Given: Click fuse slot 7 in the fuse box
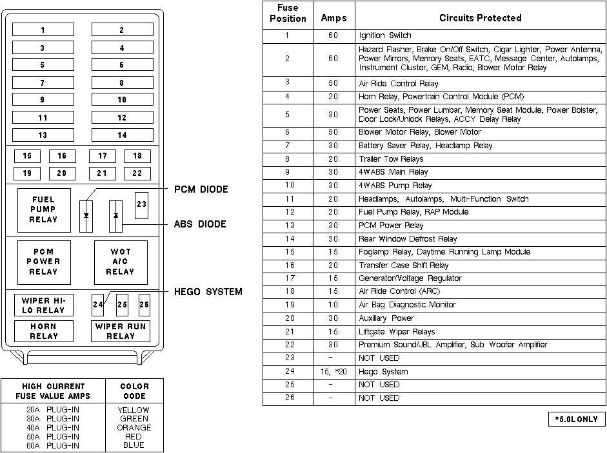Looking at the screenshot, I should pyautogui.click(x=43, y=83).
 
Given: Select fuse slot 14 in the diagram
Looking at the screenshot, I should pyautogui.click(x=122, y=135).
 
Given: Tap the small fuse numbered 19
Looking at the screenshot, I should pyautogui.click(x=27, y=173).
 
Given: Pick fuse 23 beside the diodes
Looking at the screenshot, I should pyautogui.click(x=142, y=204).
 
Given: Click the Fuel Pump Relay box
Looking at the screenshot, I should pyautogui.click(x=43, y=209).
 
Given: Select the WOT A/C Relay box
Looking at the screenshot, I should pyautogui.click(x=121, y=262).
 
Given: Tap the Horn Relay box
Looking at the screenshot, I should pyautogui.click(x=43, y=331).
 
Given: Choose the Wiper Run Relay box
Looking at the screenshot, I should pyautogui.click(x=121, y=331).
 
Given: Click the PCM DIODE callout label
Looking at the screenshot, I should pyautogui.click(x=201, y=190).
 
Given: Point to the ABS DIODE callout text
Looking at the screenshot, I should pyautogui.click(x=200, y=225).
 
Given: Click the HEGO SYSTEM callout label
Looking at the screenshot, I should pyautogui.click(x=208, y=292).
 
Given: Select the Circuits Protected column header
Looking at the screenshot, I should pyautogui.click(x=480, y=18).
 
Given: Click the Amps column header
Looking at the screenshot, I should pyautogui.click(x=333, y=19).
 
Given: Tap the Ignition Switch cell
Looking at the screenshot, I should pyautogui.click(x=385, y=35).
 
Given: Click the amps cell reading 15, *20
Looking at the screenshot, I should pyautogui.click(x=333, y=372).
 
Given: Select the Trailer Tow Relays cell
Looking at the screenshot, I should pyautogui.click(x=391, y=159).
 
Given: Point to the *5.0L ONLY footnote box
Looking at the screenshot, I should pyautogui.click(x=577, y=419).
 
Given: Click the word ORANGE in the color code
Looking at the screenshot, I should pyautogui.click(x=134, y=427).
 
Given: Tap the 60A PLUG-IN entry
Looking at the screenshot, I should pyautogui.click(x=54, y=445).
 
